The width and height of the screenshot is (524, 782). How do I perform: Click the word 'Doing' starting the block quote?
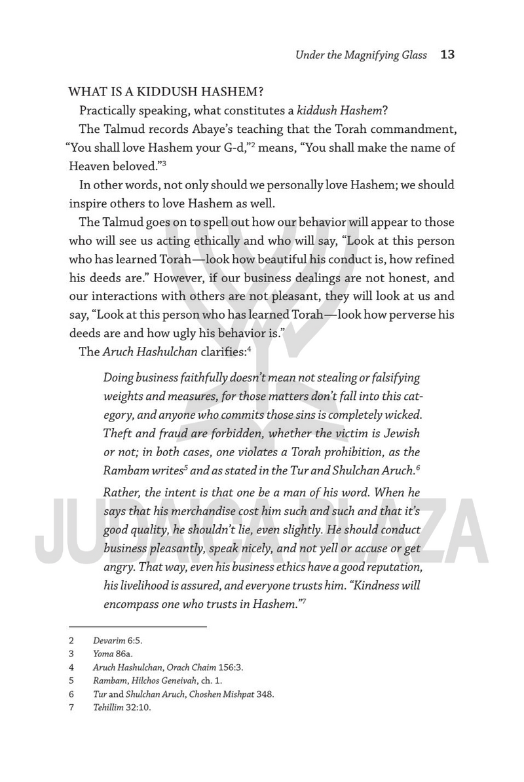click(117, 378)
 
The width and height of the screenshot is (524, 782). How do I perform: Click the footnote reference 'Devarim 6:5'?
click(118, 641)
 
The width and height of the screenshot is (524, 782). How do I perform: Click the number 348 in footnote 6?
click(265, 694)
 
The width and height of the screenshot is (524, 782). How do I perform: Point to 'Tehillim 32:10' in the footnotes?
click(122, 707)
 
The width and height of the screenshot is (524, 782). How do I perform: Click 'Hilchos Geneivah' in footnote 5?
click(159, 681)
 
